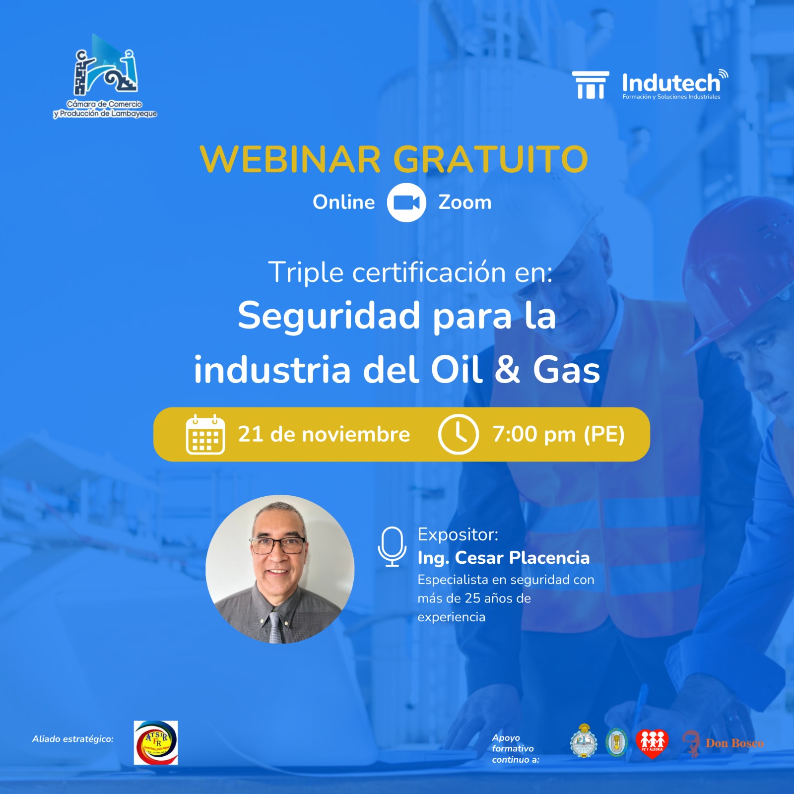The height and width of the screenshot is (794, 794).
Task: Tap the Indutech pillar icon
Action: pos(591,85)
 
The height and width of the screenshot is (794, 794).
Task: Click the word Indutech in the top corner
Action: pos(670,83)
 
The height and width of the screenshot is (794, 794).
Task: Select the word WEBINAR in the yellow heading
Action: pos(290,159)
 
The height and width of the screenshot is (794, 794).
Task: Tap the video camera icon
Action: pos(406,202)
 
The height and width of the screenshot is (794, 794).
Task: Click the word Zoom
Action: pos(464,202)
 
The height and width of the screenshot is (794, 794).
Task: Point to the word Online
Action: pos(343,202)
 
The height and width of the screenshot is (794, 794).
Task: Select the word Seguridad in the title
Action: pos(329,316)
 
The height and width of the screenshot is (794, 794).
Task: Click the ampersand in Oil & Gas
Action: pos(507,370)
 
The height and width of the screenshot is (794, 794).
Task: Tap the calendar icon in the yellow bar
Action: pos(205,435)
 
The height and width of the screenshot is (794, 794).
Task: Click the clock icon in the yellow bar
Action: pos(458,435)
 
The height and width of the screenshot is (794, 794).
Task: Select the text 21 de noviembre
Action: pos(324,434)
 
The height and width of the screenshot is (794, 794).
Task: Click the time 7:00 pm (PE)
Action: pos(558,434)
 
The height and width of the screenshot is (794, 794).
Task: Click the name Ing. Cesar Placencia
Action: pos(503,558)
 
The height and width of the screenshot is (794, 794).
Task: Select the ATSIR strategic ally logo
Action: pos(156,742)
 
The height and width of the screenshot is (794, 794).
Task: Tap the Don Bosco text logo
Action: pos(734,743)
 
